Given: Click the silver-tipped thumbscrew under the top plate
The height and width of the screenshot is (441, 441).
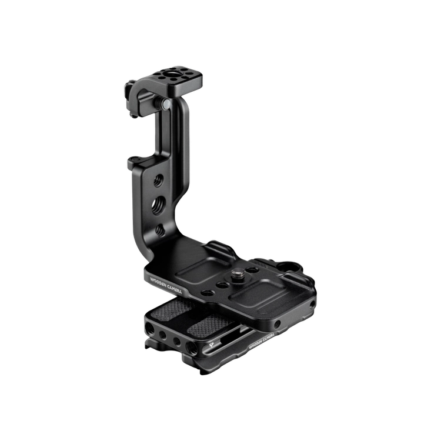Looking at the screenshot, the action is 164,103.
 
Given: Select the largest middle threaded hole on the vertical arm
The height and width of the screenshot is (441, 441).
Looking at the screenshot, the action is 158,206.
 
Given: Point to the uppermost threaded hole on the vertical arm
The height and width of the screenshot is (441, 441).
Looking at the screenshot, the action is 158,181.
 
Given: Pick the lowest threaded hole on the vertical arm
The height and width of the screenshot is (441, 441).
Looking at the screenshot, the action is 160,230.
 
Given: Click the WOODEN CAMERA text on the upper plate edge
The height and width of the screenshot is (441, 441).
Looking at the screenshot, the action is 166,285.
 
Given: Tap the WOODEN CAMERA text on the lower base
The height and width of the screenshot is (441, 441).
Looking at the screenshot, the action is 262,341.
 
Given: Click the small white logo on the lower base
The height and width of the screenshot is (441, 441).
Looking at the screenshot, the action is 211,345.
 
